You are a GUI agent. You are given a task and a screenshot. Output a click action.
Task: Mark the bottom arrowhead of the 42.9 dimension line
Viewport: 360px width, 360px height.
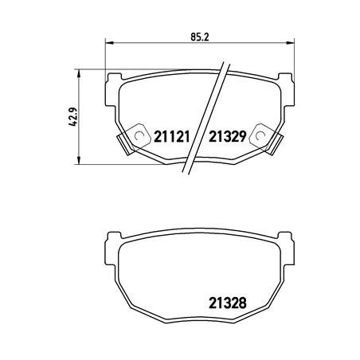coord(77,160)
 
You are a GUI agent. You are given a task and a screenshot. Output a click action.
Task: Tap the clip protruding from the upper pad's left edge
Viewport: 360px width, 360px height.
coord(123,143)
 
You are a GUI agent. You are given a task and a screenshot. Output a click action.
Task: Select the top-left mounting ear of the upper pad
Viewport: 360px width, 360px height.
coord(112,77)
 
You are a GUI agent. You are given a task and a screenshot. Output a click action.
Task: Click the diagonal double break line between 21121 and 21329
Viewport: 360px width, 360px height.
coord(203,119)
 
